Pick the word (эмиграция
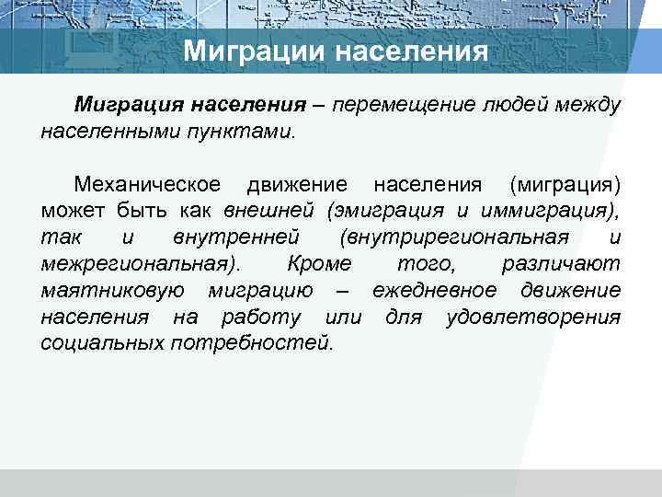tap(378, 211)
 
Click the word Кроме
tap(319, 264)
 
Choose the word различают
tap(561, 264)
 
